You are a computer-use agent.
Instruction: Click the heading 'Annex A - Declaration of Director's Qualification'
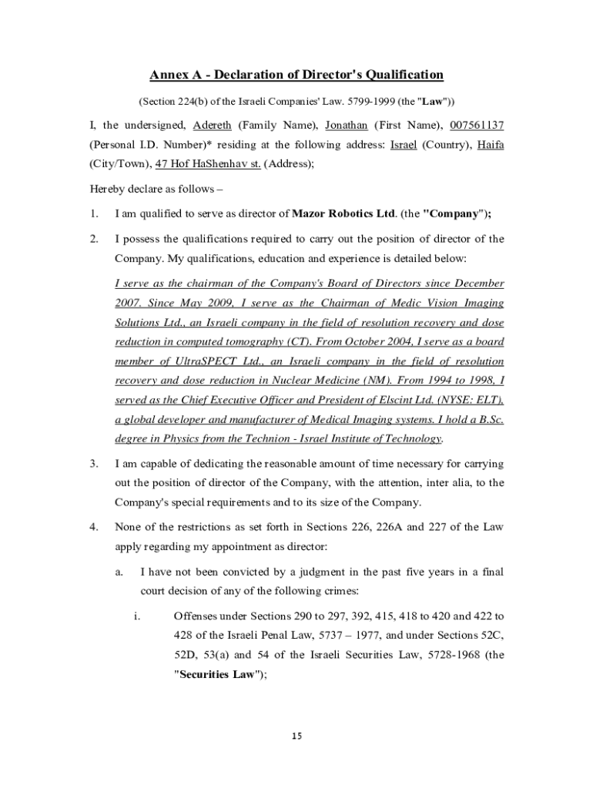296,75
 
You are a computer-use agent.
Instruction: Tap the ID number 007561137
477,125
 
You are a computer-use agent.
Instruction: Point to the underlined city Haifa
491,144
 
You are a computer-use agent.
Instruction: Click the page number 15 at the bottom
296,736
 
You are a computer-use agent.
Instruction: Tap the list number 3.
92,464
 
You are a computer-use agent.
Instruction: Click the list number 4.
92,527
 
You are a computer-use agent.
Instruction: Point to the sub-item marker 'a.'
119,572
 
